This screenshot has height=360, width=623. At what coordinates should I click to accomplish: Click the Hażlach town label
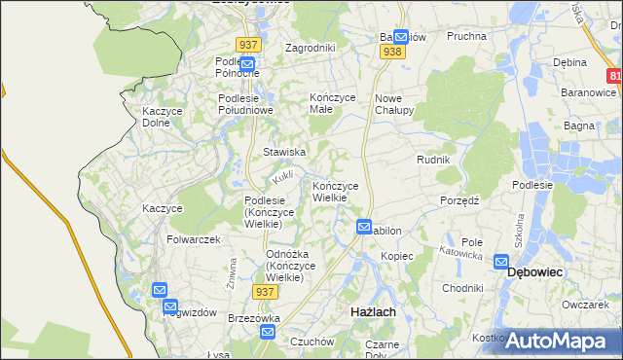(x=372, y=311)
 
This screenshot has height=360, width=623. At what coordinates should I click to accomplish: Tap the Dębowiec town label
(x=537, y=274)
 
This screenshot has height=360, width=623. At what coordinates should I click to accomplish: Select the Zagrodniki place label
(x=310, y=47)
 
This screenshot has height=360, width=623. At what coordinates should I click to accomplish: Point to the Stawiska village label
(x=285, y=153)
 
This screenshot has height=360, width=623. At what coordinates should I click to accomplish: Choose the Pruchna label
(x=466, y=36)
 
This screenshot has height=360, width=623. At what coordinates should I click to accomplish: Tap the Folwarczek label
(x=194, y=239)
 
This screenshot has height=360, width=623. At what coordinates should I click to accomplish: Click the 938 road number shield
(x=392, y=52)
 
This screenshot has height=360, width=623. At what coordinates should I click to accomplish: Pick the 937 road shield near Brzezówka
(x=264, y=291)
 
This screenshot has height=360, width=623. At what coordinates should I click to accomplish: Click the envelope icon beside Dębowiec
(x=501, y=261)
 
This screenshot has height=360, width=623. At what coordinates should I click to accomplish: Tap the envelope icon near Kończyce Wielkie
(x=364, y=227)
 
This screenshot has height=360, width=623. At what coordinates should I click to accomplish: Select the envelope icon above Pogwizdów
(x=160, y=290)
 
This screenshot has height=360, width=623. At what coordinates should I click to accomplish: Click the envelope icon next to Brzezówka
(x=268, y=333)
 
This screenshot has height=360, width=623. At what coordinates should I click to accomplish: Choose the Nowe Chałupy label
(x=395, y=104)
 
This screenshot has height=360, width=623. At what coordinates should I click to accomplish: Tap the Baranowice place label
(x=588, y=91)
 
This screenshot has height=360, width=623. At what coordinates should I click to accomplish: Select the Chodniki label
(x=463, y=288)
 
